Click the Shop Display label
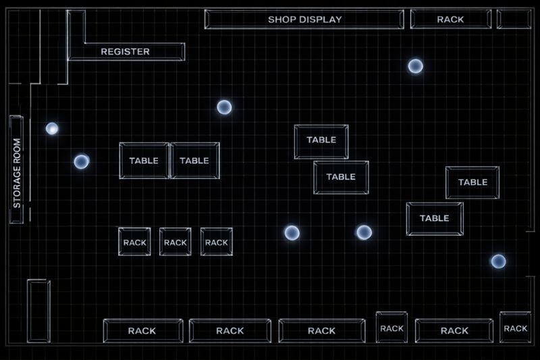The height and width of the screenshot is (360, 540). click(304, 20)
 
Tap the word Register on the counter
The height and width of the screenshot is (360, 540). click(126, 51)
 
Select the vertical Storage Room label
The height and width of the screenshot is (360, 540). click(17, 170)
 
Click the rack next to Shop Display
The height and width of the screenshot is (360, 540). click(450, 20)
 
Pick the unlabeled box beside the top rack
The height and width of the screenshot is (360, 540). click(514, 19)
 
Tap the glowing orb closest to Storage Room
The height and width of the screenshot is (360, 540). click(52, 128)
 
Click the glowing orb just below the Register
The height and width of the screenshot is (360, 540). click(224, 107)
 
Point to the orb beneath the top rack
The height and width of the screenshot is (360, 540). click(415, 66)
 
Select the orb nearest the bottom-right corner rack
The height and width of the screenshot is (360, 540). click(498, 261)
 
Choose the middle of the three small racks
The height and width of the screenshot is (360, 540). click(175, 242)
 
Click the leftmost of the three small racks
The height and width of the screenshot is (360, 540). click(134, 242)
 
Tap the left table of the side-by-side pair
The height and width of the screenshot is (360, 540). click(144, 161)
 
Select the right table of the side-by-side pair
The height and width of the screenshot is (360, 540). click(194, 161)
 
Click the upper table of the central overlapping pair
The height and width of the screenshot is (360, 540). click(321, 140)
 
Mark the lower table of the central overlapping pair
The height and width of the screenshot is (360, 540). click(341, 177)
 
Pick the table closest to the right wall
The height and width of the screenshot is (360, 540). click(473, 182)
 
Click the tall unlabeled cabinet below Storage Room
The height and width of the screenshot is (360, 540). click(38, 311)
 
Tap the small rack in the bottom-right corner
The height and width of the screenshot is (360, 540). click(515, 328)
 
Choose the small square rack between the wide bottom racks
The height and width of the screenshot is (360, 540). click(391, 328)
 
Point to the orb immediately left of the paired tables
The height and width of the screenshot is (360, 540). click(82, 161)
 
